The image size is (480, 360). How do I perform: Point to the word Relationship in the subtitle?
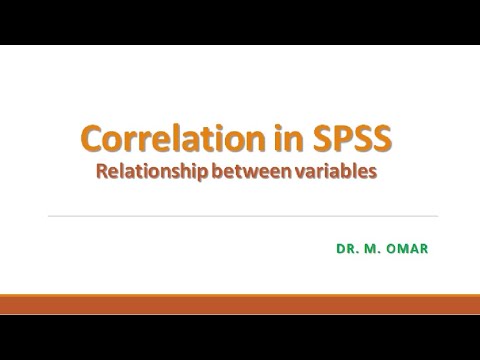[151, 171]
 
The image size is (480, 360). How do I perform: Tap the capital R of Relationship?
[101, 171]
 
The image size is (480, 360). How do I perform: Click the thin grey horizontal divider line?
[240, 216]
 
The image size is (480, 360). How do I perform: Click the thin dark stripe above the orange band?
[240, 292]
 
